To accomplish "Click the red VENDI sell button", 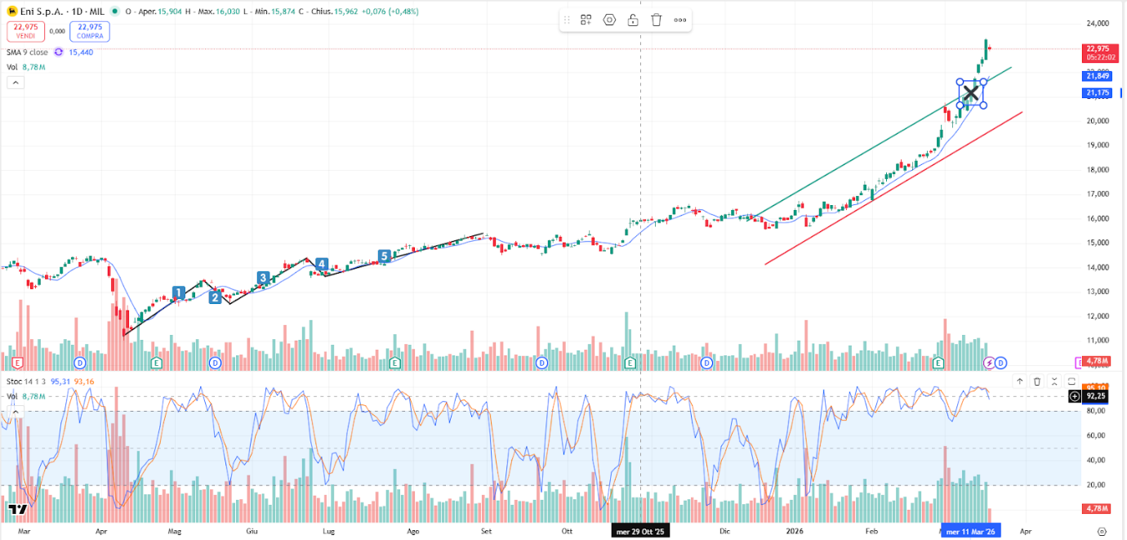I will click(x=26, y=32).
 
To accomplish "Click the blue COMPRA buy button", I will click(x=90, y=32).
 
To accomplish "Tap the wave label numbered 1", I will click(x=179, y=292).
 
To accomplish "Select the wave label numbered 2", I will click(x=215, y=297).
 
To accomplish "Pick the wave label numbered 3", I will click(x=263, y=278).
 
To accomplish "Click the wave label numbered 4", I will click(x=322, y=264).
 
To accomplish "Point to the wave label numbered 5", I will click(x=384, y=257).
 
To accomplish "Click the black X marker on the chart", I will click(x=970, y=93).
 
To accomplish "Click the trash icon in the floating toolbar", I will click(x=656, y=20).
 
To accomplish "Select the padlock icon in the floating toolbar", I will click(x=632, y=20).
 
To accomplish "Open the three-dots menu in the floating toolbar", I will click(x=679, y=20).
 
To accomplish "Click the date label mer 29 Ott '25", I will click(x=640, y=531).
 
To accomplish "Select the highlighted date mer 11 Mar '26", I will click(x=970, y=531).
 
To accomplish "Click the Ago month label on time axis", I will click(x=412, y=531).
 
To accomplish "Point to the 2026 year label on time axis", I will click(x=796, y=531).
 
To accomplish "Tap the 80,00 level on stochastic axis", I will click(x=1097, y=411).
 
